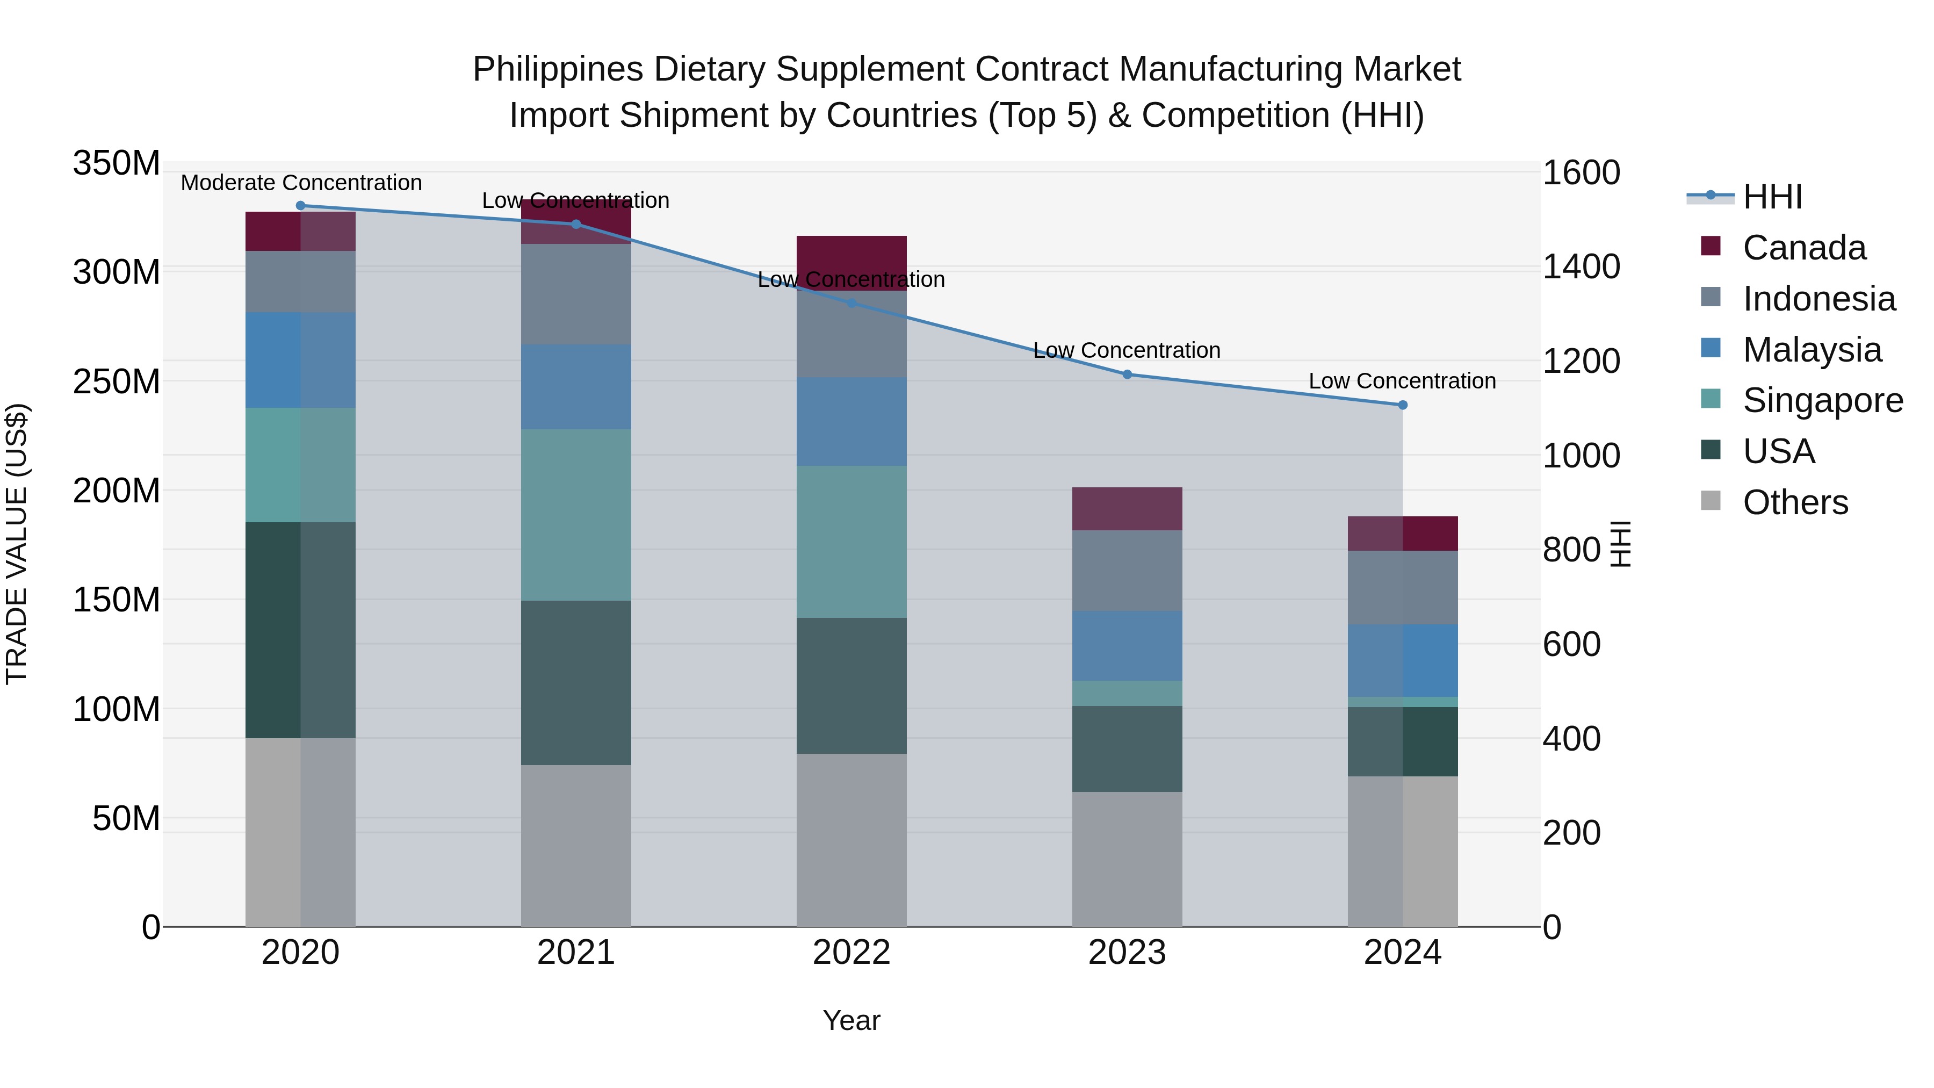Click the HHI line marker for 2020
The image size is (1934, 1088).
(300, 206)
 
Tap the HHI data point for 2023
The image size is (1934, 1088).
(1127, 374)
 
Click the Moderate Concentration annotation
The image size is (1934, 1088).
(301, 183)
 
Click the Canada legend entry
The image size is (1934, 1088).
(1803, 248)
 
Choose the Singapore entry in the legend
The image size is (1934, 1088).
(1822, 401)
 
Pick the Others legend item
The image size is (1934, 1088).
(1795, 503)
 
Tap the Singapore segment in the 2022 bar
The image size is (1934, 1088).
(851, 542)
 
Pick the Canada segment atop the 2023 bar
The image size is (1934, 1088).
(1127, 509)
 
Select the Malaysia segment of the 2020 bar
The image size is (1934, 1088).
(300, 361)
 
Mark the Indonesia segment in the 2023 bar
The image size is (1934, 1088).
(1127, 571)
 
